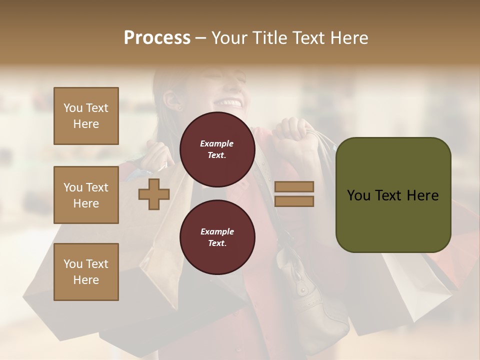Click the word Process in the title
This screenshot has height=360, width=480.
click(x=157, y=38)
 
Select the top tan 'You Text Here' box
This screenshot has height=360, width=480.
click(x=86, y=116)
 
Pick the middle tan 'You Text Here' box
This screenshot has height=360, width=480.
click(x=86, y=195)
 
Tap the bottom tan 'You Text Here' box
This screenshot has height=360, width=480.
click(x=86, y=271)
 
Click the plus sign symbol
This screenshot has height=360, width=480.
click(x=154, y=194)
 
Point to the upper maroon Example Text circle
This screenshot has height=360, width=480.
click(x=217, y=149)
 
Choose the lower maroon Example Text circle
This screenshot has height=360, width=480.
click(x=217, y=237)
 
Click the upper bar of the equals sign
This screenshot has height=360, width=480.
click(x=294, y=187)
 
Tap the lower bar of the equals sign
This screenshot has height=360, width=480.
click(x=294, y=201)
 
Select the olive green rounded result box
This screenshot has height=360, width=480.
click(x=393, y=195)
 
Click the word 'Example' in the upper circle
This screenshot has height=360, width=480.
click(x=217, y=143)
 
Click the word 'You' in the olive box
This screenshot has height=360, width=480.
click(x=359, y=195)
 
